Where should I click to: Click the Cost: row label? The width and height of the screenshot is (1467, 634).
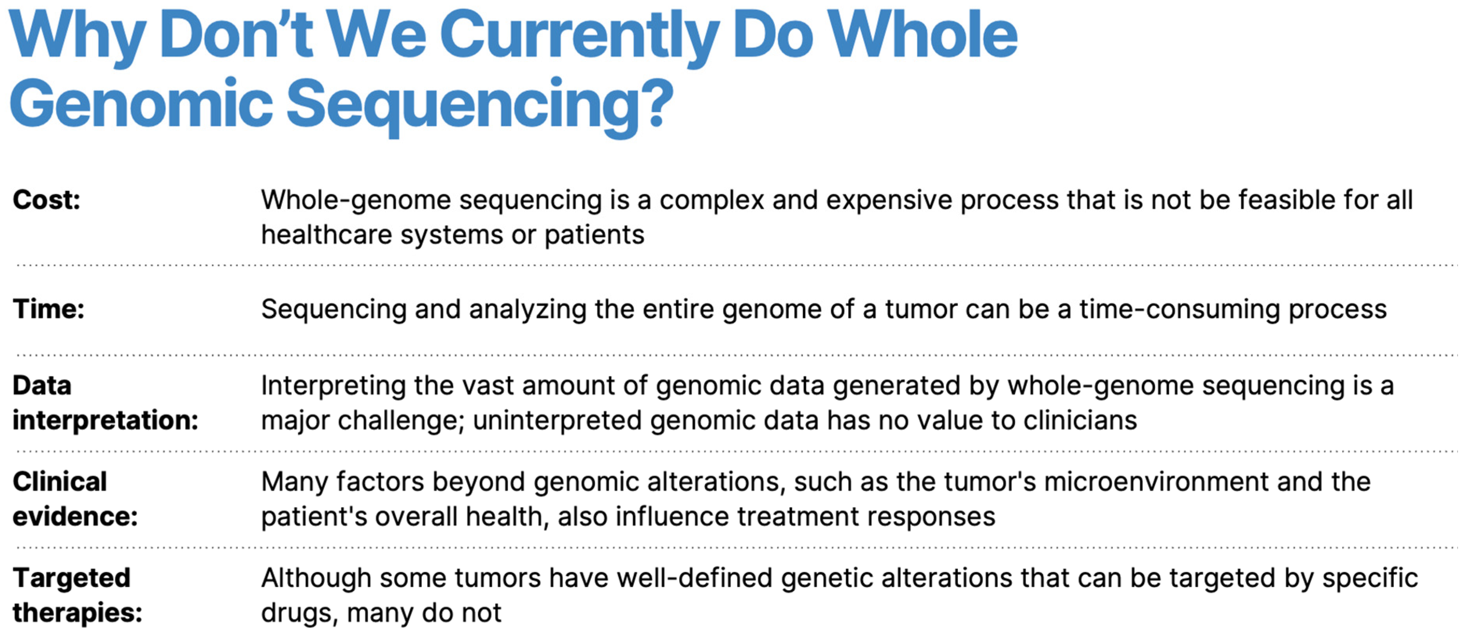[47, 200]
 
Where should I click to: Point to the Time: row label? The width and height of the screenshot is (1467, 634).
[49, 309]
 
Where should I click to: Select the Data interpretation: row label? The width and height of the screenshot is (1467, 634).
[105, 403]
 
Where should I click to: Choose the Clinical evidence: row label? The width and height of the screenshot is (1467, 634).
[75, 499]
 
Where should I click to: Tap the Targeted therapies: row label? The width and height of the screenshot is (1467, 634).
[77, 595]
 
